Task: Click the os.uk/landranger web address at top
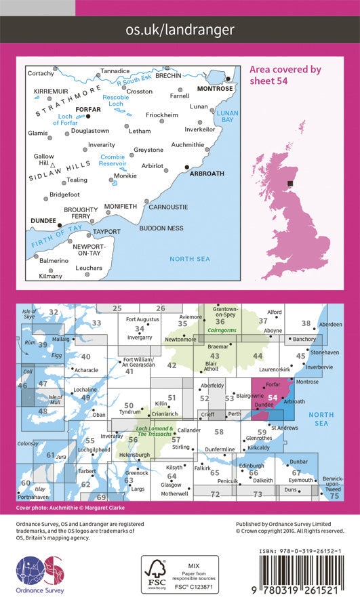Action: click(180, 29)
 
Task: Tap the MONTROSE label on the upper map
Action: click(214, 89)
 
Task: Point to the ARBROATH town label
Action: click(207, 174)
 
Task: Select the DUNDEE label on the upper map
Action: click(42, 221)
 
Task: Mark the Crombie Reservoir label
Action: click(113, 160)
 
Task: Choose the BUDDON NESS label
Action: click(161, 228)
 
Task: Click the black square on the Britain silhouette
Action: click(292, 183)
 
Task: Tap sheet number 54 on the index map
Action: click(273, 398)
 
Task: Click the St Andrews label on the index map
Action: click(285, 428)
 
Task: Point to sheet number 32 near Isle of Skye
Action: click(52, 312)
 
